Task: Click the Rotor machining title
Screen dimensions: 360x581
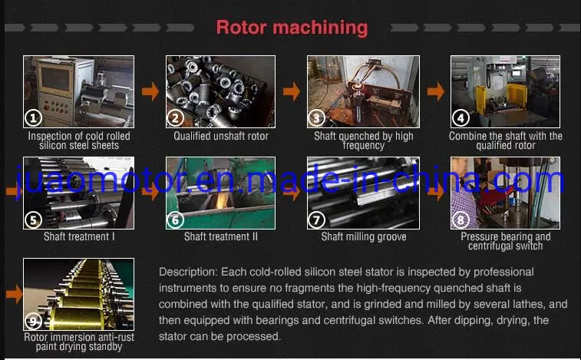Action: [x=292, y=28]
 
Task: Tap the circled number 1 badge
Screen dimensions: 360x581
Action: [x=33, y=118]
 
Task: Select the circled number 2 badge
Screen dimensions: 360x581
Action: [x=176, y=118]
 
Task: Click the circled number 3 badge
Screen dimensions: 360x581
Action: [x=317, y=118]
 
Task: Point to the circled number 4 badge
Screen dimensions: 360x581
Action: [x=461, y=118]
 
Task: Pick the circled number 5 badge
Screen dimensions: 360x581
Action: [x=33, y=220]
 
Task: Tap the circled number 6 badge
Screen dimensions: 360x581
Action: [x=176, y=220]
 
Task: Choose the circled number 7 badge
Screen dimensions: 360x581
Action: [x=317, y=220]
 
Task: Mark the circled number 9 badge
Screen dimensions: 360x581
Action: [x=33, y=321]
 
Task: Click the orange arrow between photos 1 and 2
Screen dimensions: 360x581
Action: [x=150, y=92]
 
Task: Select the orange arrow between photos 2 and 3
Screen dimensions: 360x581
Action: [x=292, y=92]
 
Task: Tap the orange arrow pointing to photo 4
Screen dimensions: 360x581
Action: [x=435, y=92]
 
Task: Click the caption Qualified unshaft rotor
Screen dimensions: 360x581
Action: [x=221, y=137]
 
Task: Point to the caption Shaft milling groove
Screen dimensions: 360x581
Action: [x=363, y=237]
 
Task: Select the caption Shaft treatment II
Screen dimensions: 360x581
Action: [x=221, y=237]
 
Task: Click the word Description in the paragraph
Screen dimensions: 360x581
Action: [x=189, y=272]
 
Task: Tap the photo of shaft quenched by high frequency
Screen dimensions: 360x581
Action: [x=363, y=91]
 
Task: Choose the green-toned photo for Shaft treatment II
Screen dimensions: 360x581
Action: [x=221, y=192]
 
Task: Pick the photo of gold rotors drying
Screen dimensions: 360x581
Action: [x=78, y=294]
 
